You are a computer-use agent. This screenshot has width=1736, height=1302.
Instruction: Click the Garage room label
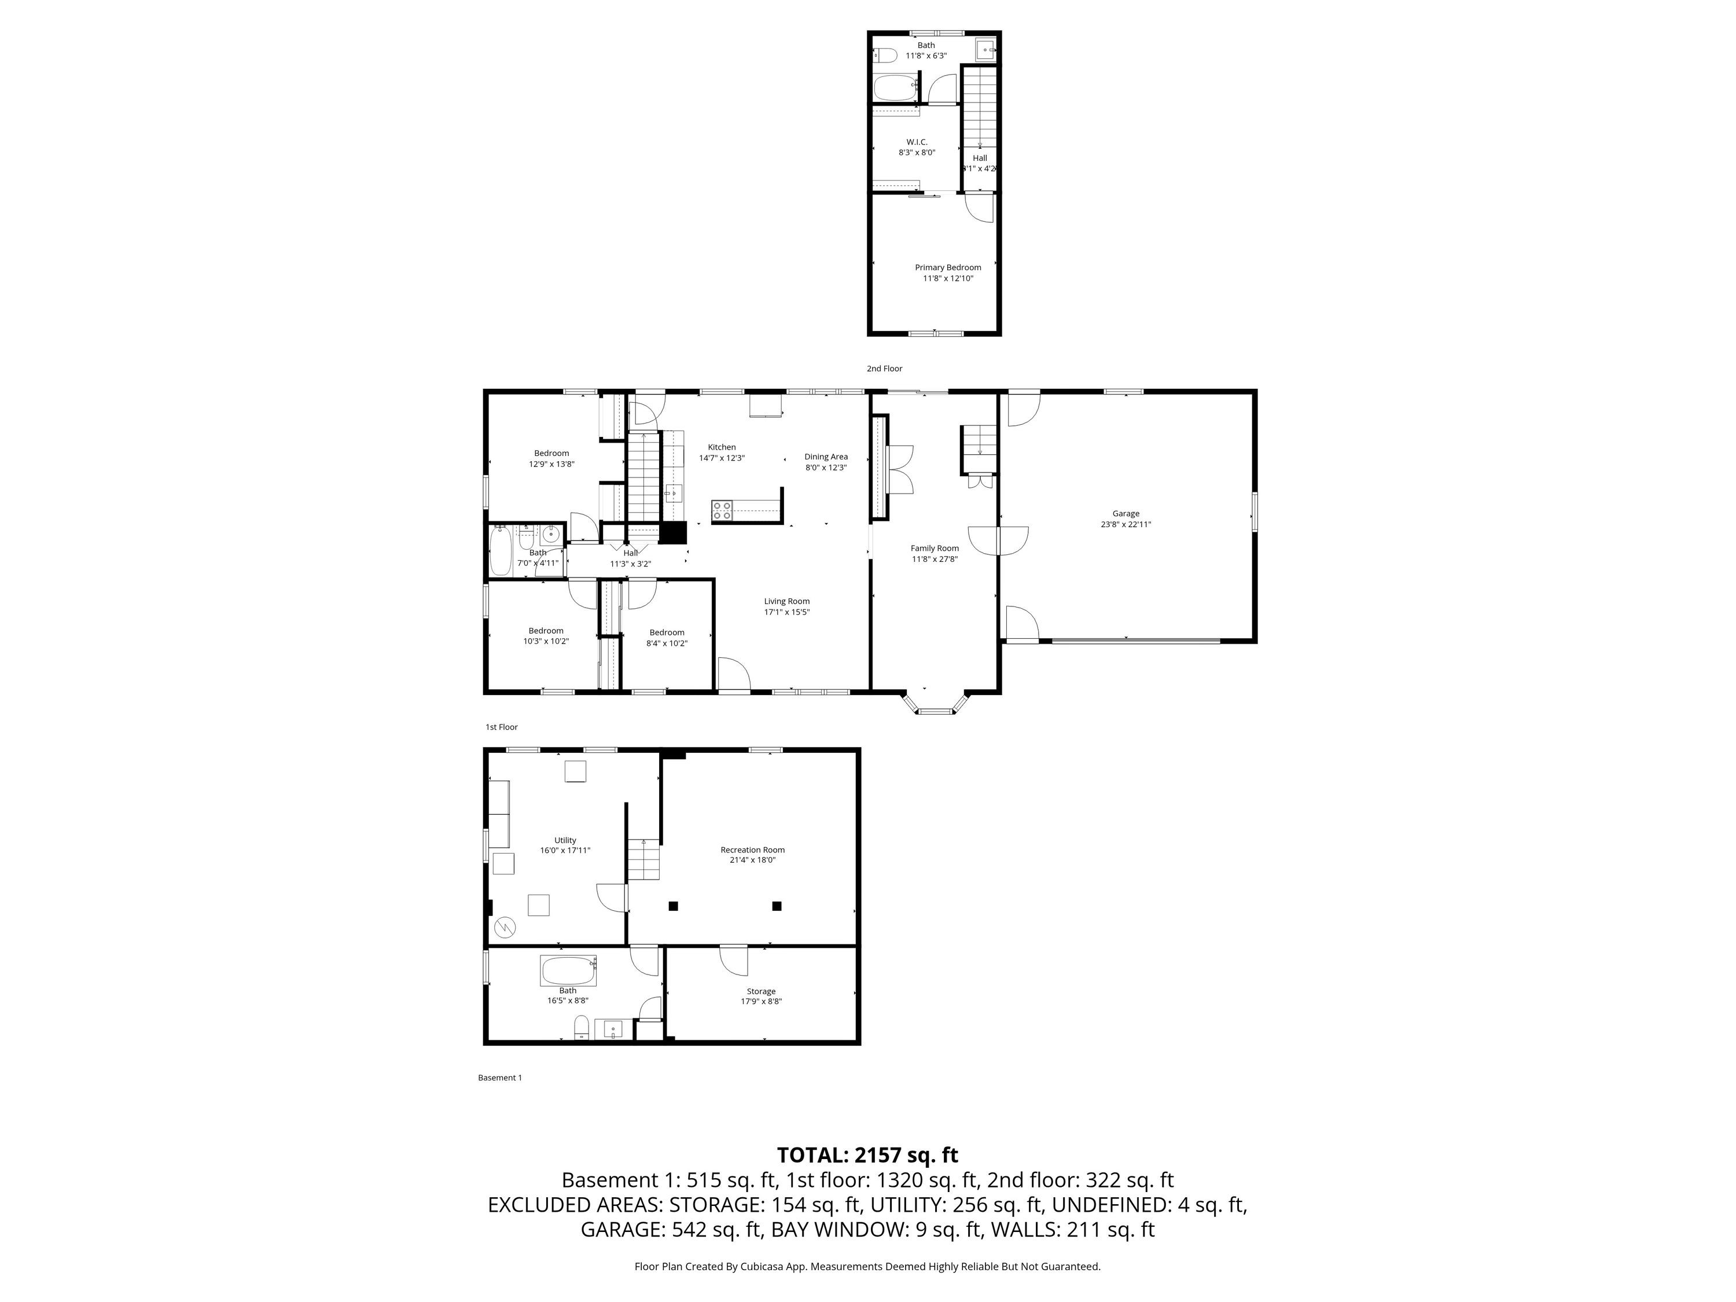point(1126,513)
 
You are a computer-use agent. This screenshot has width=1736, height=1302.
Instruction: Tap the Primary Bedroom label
point(947,267)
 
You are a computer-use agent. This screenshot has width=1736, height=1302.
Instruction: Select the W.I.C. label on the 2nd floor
point(917,142)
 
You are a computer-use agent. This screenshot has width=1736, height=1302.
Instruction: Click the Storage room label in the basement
point(762,991)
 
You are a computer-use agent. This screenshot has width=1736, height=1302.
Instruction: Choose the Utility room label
point(565,841)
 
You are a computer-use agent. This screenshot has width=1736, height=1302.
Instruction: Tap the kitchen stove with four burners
point(722,511)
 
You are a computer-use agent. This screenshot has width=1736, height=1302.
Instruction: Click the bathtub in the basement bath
point(568,971)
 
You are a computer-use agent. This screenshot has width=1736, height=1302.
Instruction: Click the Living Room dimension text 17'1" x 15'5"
point(787,612)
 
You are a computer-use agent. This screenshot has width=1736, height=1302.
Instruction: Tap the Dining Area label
point(826,457)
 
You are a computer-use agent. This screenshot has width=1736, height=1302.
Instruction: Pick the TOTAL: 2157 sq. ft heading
point(867,1154)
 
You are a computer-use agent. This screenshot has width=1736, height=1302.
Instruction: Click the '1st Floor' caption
point(502,727)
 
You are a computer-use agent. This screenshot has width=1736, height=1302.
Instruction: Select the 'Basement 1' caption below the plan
point(500,1077)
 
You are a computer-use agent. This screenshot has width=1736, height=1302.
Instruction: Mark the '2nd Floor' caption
point(884,368)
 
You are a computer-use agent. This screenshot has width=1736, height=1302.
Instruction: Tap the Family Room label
point(935,549)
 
